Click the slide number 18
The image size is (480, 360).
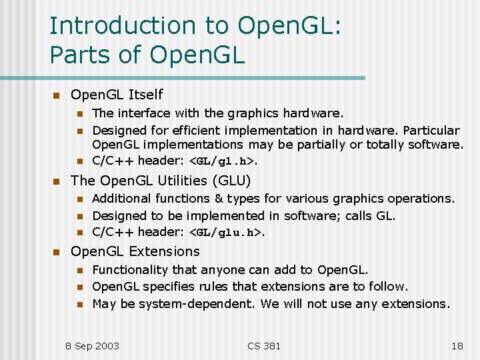[x=457, y=345]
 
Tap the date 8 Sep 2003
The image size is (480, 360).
[x=92, y=345]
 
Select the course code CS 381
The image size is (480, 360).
[x=264, y=345]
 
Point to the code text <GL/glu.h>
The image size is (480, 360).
[x=226, y=233]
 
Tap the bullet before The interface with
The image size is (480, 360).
[x=80, y=113]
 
